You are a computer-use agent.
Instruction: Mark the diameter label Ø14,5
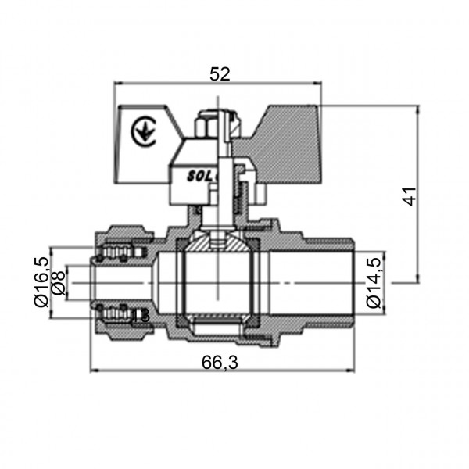(373, 282)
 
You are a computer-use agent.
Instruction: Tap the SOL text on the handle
(199, 175)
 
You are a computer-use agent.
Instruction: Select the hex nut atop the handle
(209, 124)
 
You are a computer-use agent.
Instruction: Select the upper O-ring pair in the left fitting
(121, 252)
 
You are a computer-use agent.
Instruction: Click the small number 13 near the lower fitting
(141, 315)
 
